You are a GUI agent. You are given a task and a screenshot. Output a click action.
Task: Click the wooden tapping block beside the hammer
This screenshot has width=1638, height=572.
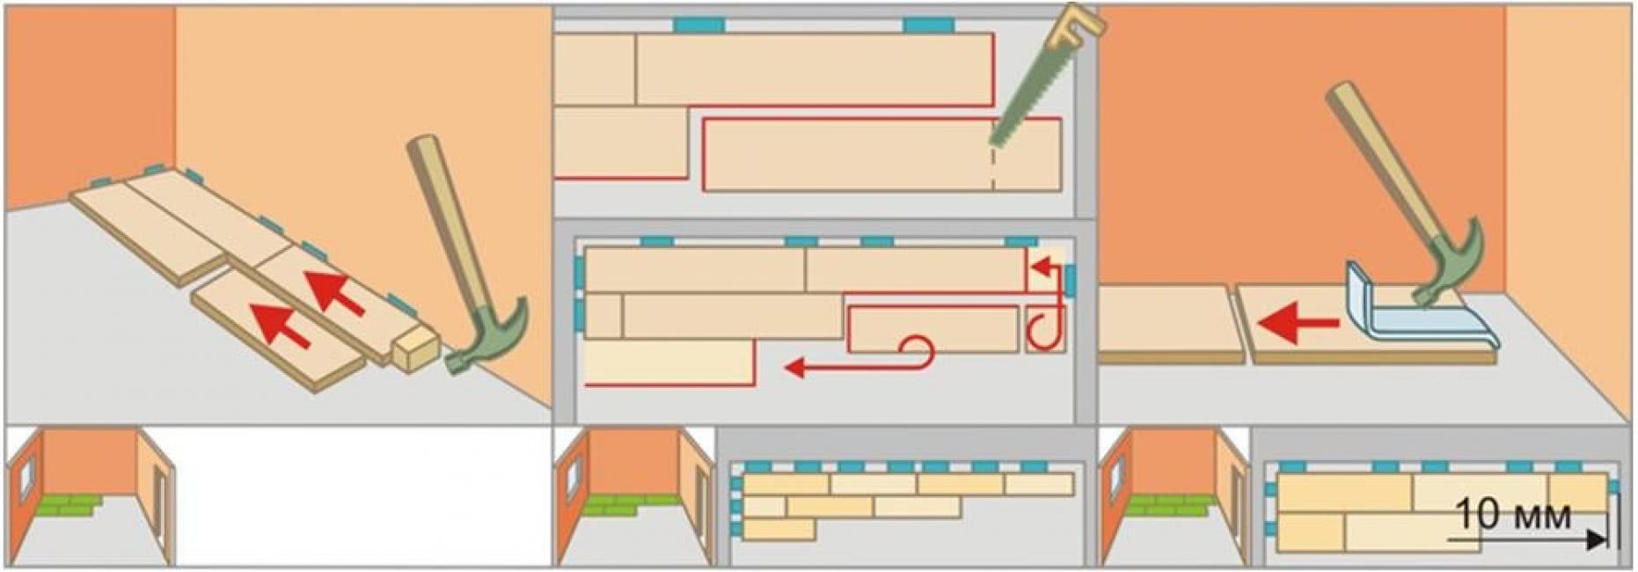coord(414,348)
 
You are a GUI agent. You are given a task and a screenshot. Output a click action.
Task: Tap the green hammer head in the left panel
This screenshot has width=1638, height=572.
coord(493,339)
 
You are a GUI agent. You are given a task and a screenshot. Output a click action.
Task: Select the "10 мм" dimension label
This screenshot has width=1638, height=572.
coord(1512,514)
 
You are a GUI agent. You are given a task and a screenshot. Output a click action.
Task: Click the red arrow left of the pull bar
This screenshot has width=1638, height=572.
coord(1298,324)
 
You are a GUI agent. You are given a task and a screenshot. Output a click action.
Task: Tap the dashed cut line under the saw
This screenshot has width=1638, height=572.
coord(993,167)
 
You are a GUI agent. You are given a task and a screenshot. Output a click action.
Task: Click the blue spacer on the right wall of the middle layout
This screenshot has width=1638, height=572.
coord(1070,282)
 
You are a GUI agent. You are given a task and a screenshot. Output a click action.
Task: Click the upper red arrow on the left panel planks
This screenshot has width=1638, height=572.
coord(335,292)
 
